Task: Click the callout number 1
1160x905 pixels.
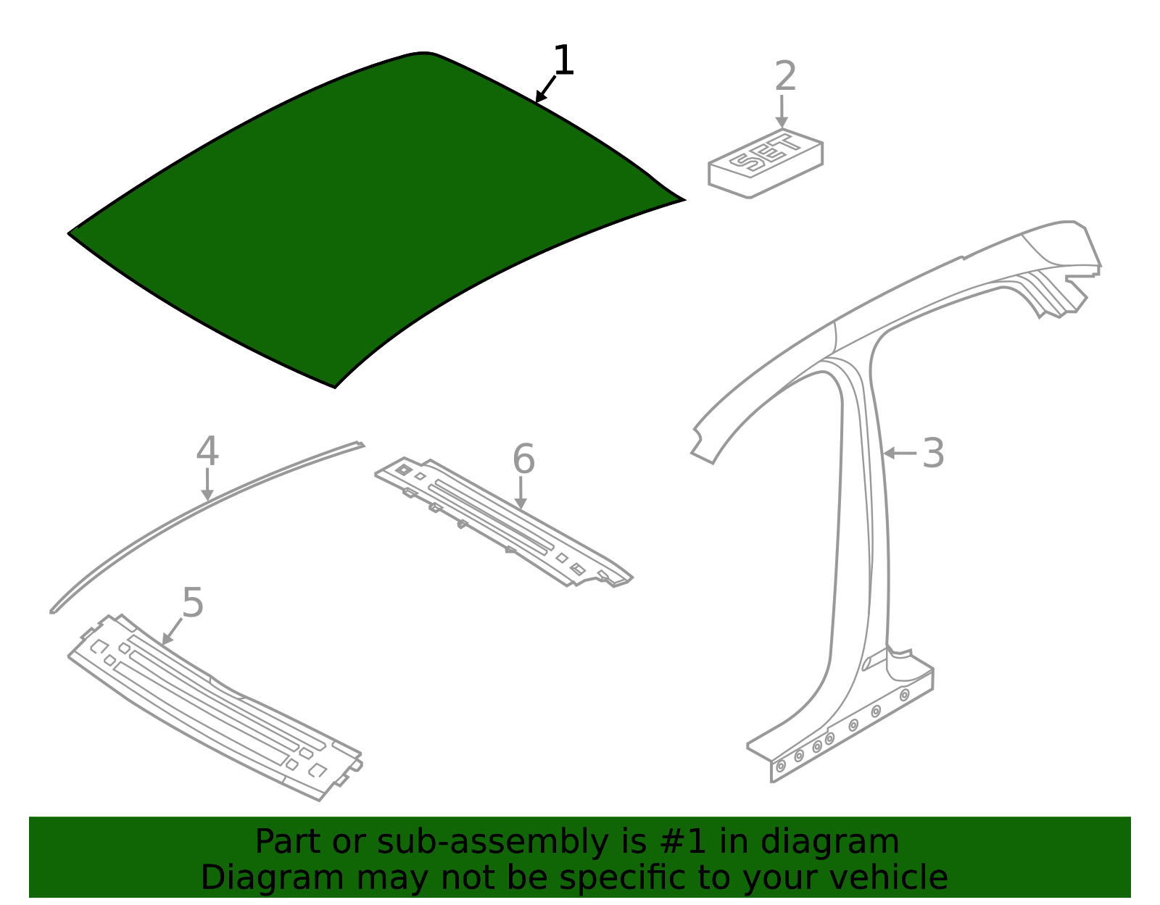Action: (x=563, y=61)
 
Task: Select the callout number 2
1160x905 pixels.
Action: (x=785, y=77)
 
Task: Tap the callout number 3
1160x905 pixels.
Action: (x=933, y=454)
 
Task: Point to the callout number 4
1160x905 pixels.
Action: (x=207, y=451)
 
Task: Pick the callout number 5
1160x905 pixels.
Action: (x=193, y=603)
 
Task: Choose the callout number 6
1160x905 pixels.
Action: (x=523, y=459)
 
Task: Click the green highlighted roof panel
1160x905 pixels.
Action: (x=362, y=217)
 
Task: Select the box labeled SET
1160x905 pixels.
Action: (x=765, y=164)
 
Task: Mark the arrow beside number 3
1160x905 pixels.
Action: (x=900, y=454)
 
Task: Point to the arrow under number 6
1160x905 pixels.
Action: (x=520, y=494)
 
